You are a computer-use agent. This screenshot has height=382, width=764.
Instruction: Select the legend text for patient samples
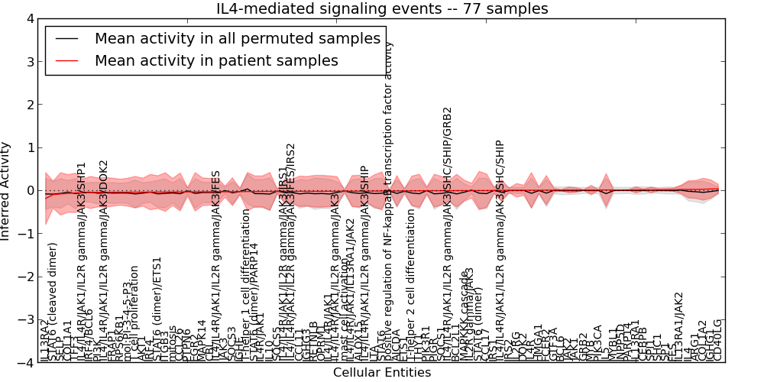[216, 61]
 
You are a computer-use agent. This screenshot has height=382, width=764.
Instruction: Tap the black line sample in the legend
[66, 38]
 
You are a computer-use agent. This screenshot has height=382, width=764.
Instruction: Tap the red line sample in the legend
[66, 61]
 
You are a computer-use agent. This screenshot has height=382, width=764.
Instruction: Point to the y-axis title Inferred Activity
[6, 191]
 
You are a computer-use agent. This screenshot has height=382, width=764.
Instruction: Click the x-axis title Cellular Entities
[382, 373]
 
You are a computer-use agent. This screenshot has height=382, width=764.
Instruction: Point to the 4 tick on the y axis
[29, 18]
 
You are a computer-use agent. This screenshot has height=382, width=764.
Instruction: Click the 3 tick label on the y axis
[29, 61]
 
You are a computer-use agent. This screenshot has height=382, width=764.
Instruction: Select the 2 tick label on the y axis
[29, 105]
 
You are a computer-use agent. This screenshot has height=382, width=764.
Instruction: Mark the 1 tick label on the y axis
[29, 147]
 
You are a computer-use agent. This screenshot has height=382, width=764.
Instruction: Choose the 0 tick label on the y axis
[29, 191]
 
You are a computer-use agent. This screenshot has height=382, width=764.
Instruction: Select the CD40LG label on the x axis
[717, 341]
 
